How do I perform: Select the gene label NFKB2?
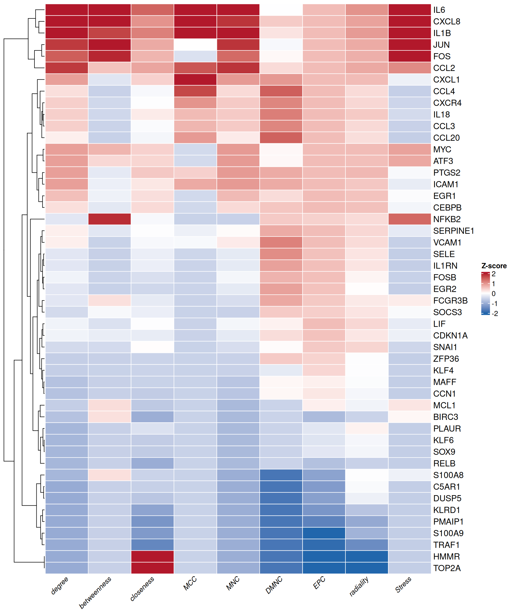(x=446, y=219)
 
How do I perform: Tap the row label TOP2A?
(x=446, y=568)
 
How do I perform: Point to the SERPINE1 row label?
(x=453, y=231)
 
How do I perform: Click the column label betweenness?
(x=95, y=592)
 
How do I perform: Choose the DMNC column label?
(x=274, y=585)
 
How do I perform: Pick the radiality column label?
(x=359, y=587)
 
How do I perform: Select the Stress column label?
(x=403, y=585)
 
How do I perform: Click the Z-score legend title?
(x=494, y=266)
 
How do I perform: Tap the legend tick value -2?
(x=495, y=314)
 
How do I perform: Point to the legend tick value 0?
(x=494, y=294)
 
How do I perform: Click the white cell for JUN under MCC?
(x=195, y=45)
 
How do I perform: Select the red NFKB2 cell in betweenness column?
(x=109, y=219)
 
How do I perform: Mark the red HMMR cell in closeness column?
(x=153, y=557)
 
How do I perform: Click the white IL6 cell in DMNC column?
(x=281, y=10)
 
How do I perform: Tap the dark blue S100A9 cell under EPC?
(x=324, y=533)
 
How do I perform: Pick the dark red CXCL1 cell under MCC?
(x=195, y=80)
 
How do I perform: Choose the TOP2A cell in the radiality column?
(x=367, y=568)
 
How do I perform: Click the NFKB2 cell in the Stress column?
(x=410, y=219)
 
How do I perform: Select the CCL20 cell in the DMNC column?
(x=281, y=138)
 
